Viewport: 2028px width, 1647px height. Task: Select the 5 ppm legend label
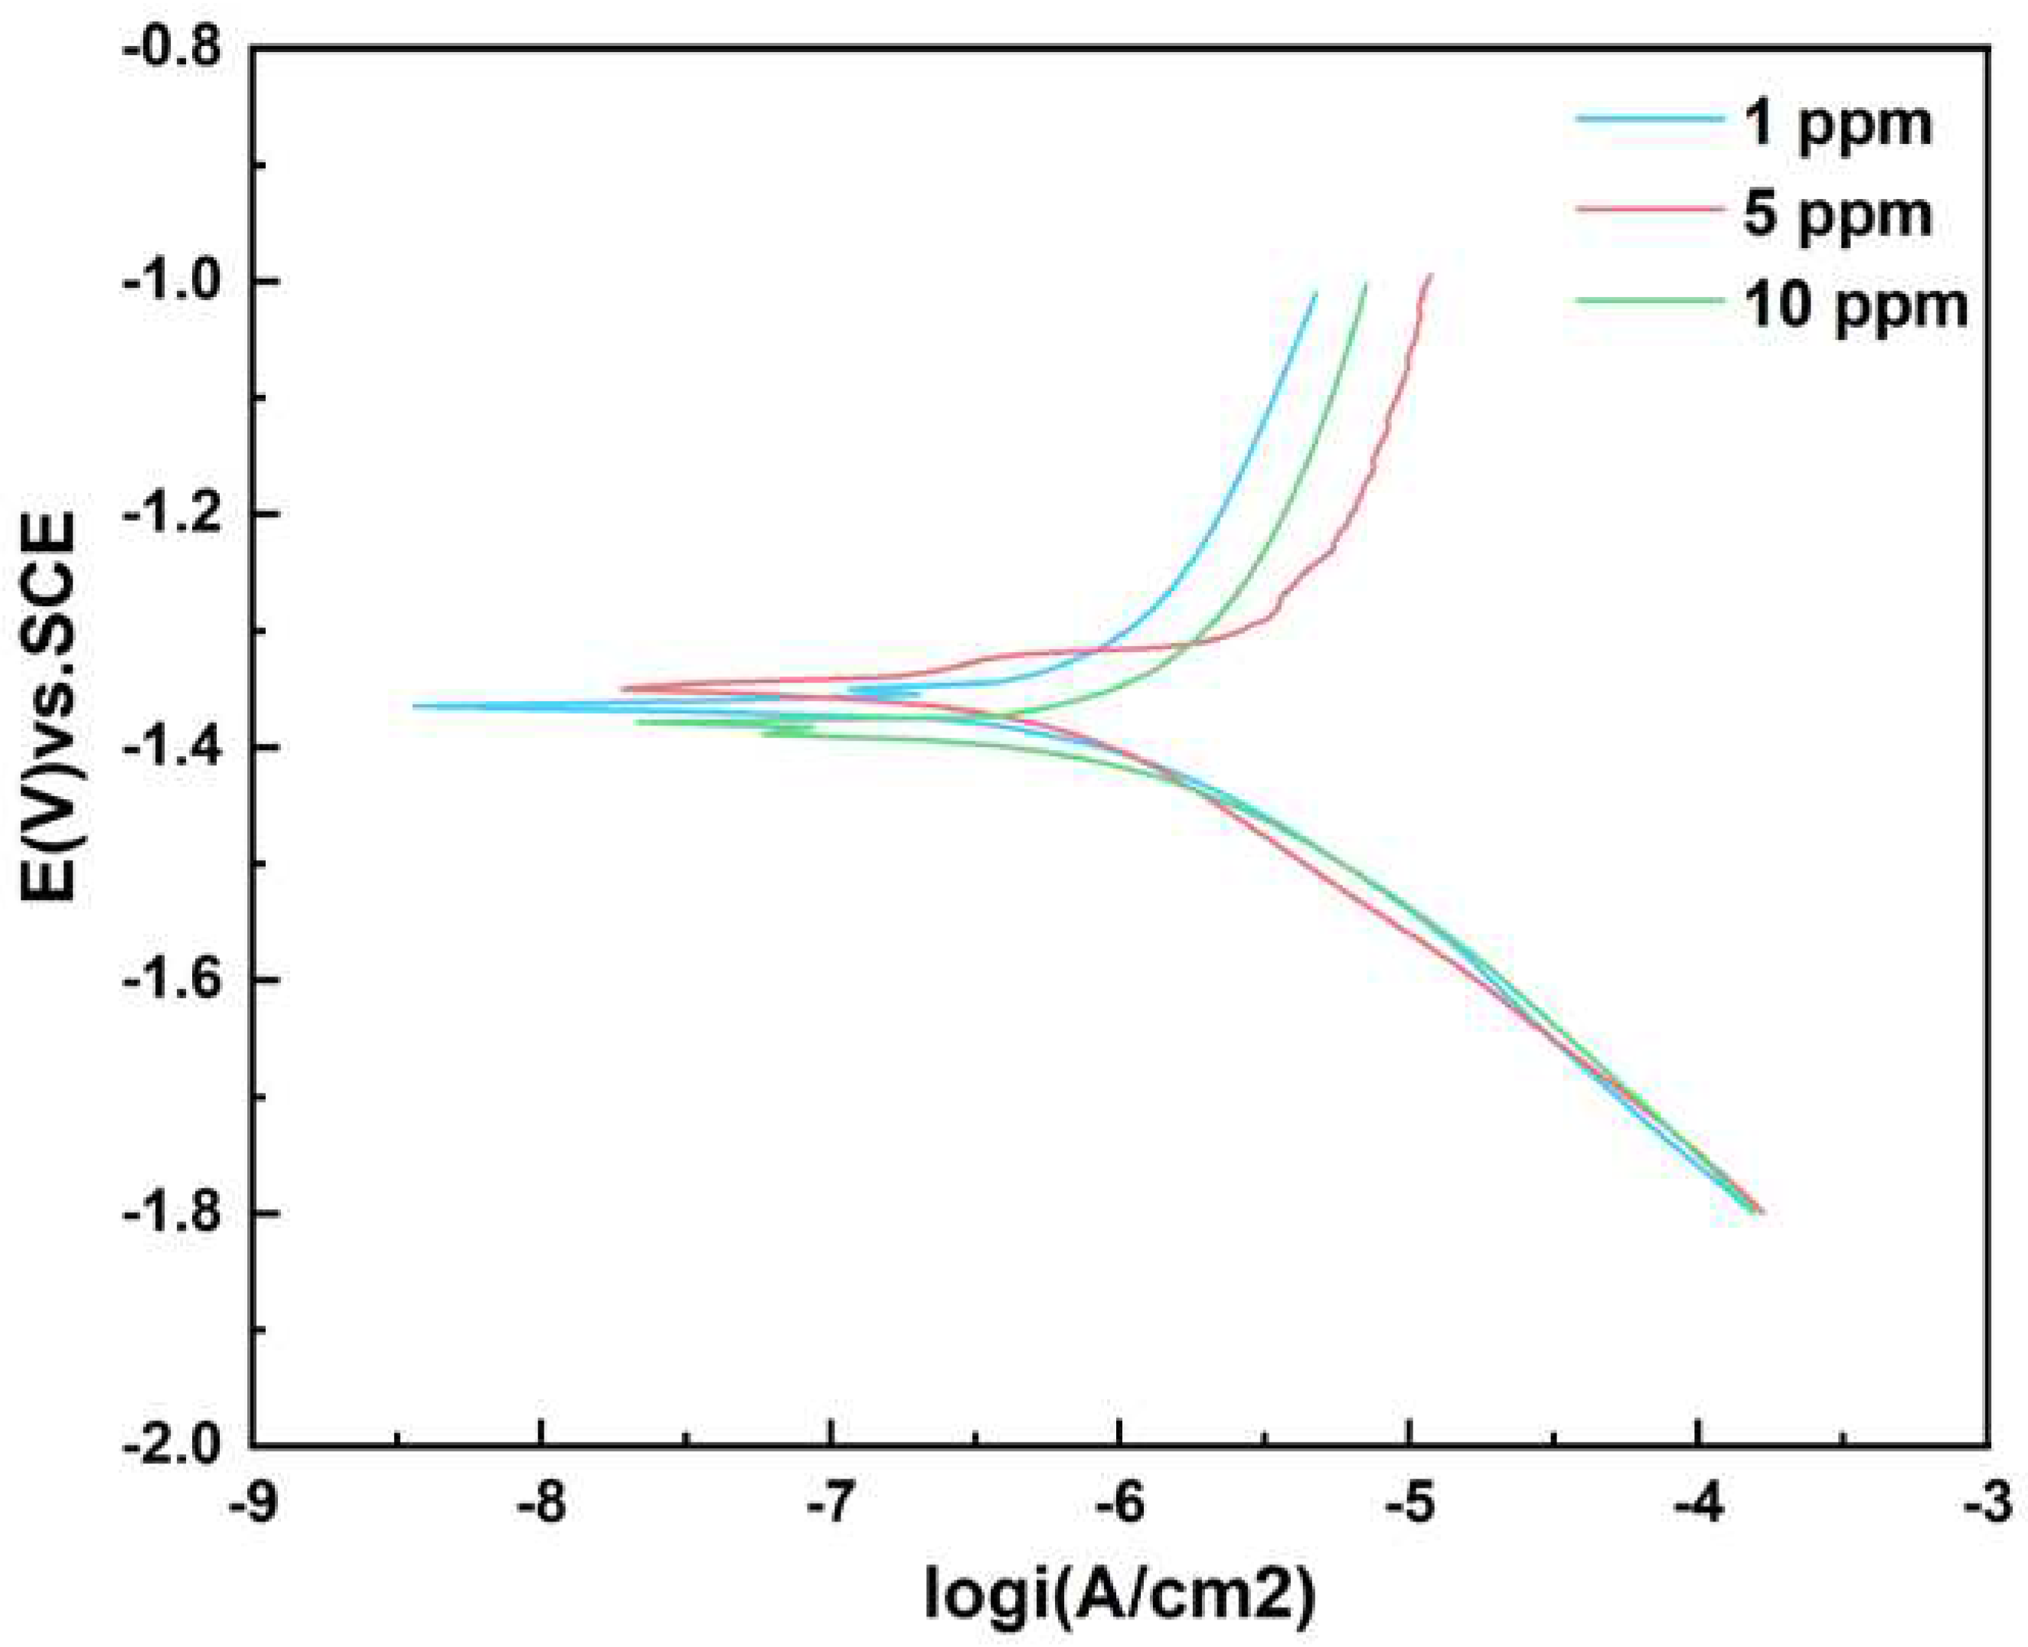tap(1837, 214)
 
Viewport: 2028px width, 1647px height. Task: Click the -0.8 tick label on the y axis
tap(175, 47)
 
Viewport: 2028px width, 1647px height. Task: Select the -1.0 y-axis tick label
tap(175, 281)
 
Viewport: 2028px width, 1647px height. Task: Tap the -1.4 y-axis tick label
tap(175, 748)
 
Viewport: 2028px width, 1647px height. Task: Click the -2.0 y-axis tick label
tap(175, 1446)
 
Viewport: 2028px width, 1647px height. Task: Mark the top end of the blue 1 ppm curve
tap(1316, 293)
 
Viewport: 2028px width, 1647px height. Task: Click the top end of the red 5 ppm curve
tap(1431, 274)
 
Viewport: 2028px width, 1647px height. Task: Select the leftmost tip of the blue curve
tap(415, 705)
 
